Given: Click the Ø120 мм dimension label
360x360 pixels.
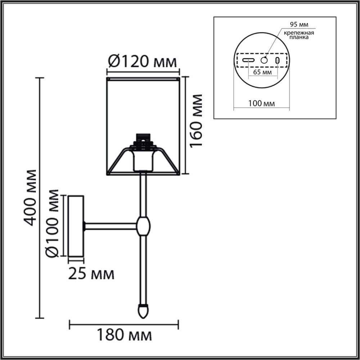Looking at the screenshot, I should [143, 62].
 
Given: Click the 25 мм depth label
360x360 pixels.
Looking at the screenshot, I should [91, 274].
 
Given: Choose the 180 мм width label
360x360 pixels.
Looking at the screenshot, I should [124, 336].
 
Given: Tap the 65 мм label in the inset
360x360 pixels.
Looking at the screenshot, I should [262, 72].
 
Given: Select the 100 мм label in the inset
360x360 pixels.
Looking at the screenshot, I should [261, 104].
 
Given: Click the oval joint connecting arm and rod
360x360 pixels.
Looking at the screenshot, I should [143, 226].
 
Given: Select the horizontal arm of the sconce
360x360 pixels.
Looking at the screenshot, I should [110, 226].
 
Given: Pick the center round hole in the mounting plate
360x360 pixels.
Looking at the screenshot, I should [265, 60].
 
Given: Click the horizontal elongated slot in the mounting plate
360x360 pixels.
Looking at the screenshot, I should [248, 60].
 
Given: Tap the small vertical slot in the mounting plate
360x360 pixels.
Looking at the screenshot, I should [278, 60].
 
